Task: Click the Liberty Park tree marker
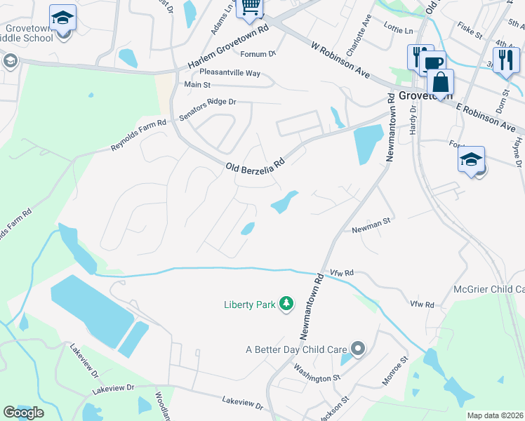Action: pos(286,304)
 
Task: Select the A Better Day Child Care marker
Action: pos(359,349)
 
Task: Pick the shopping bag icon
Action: pos(440,83)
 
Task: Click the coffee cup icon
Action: pos(432,64)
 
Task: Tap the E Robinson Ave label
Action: pos(489,116)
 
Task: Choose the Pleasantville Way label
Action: pos(230,73)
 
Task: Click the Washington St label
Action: pos(317,374)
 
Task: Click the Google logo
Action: pos(24,413)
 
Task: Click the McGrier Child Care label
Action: pos(491,289)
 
